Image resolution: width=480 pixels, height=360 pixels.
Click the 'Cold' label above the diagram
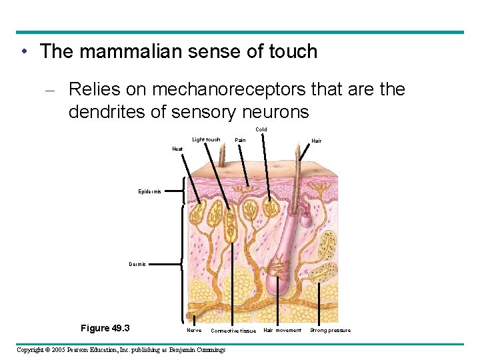coord(261,129)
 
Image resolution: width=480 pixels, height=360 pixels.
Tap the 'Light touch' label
coord(206,139)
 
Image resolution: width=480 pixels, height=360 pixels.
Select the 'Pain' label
coord(240,140)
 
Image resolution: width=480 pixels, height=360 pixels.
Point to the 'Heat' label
coord(177,149)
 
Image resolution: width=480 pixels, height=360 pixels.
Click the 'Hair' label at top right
coord(316,141)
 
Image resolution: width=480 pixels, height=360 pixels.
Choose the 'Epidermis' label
coord(149,191)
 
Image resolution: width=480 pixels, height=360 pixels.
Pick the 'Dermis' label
coord(137,264)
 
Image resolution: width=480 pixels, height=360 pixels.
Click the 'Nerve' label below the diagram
coord(193,330)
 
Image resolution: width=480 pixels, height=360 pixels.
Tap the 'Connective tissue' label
coord(233,331)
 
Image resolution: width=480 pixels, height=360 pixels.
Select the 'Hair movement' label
coord(282,330)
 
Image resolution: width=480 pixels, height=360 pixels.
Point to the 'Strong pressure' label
coord(330,330)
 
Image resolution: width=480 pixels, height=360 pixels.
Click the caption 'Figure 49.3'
coord(105,328)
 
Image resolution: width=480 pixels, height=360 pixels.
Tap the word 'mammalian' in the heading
coord(133,51)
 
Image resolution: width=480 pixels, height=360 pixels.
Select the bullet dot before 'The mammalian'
coord(24,51)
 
